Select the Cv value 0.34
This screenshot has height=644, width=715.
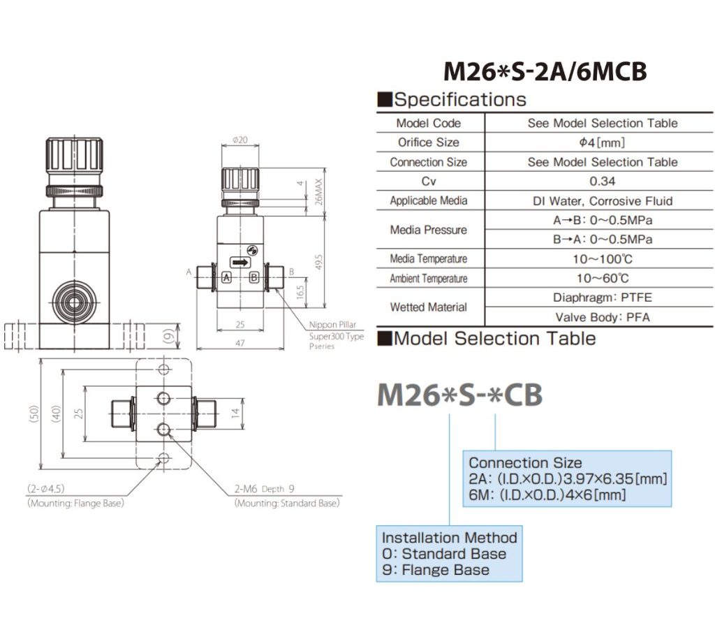(602, 181)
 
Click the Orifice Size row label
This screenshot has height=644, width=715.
(429, 142)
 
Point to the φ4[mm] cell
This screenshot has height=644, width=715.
(602, 142)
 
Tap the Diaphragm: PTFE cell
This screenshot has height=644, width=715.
(602, 298)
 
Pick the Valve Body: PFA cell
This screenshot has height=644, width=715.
(602, 316)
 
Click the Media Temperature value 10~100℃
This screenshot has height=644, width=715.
(602, 259)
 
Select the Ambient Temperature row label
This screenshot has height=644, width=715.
(429, 279)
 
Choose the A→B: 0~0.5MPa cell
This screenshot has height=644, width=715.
(602, 220)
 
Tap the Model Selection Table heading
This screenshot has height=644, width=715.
(487, 339)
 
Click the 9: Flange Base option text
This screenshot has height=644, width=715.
(436, 570)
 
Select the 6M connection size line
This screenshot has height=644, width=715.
(547, 495)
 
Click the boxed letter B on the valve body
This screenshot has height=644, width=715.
(254, 277)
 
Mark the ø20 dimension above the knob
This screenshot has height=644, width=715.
(240, 140)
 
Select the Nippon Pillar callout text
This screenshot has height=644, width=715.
(332, 325)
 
